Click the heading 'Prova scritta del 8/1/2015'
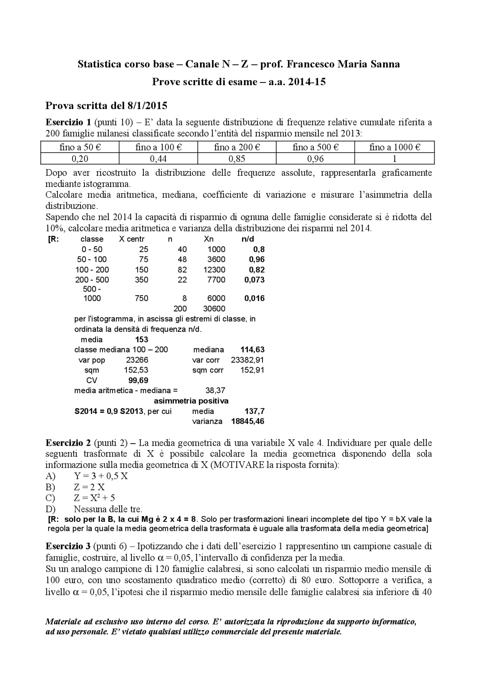click(x=106, y=106)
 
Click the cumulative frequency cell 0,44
click(x=158, y=159)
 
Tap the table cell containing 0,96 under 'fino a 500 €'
click(x=315, y=159)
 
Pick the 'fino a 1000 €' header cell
click(x=394, y=147)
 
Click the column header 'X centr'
click(x=131, y=239)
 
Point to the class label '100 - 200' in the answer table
click(x=92, y=270)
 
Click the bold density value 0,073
click(x=254, y=280)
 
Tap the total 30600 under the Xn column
click(x=214, y=309)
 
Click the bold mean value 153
click(x=142, y=339)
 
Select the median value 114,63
click(x=253, y=349)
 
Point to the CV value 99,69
click(x=138, y=380)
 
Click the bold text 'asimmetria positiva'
click(x=191, y=401)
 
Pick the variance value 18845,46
click(x=248, y=421)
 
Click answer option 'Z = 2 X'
click(x=89, y=487)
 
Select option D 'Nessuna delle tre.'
click(x=108, y=509)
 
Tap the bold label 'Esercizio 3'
click(x=68, y=546)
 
